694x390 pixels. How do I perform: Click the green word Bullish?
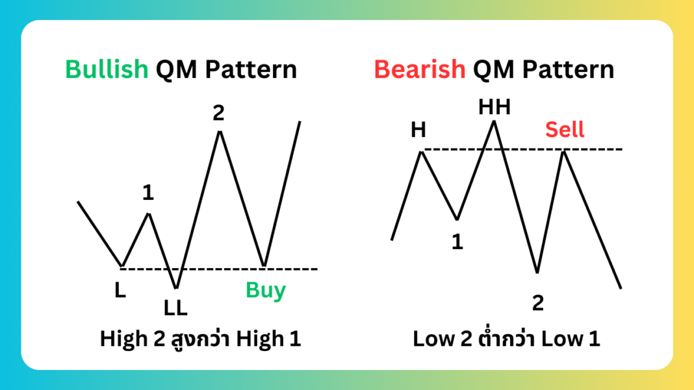(x=107, y=69)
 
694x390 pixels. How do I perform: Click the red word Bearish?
(x=420, y=69)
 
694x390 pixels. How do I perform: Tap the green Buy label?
(x=266, y=290)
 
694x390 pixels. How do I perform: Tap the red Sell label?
(x=565, y=129)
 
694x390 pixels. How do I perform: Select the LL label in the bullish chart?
(x=175, y=308)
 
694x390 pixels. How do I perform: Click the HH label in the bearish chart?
(x=495, y=107)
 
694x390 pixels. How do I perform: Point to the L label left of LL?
(x=120, y=291)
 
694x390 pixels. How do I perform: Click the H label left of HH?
(x=418, y=130)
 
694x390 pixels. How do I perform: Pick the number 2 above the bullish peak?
(x=218, y=114)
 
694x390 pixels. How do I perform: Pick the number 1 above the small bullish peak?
(x=148, y=193)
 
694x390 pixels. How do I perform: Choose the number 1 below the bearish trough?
(x=457, y=242)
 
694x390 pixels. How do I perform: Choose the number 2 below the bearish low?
(x=537, y=303)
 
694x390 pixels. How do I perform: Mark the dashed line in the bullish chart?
(x=221, y=268)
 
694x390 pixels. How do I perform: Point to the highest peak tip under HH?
(x=495, y=121)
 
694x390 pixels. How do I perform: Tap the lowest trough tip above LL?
(x=175, y=287)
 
